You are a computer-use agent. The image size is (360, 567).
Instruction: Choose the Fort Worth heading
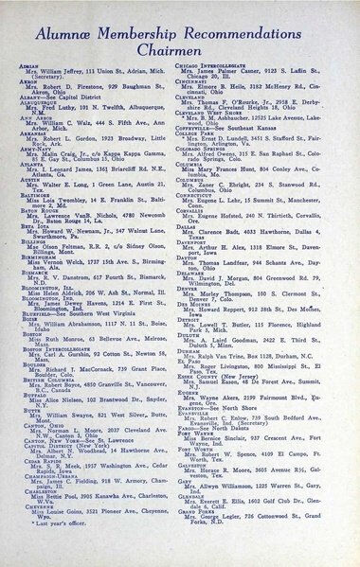pos(211,447)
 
